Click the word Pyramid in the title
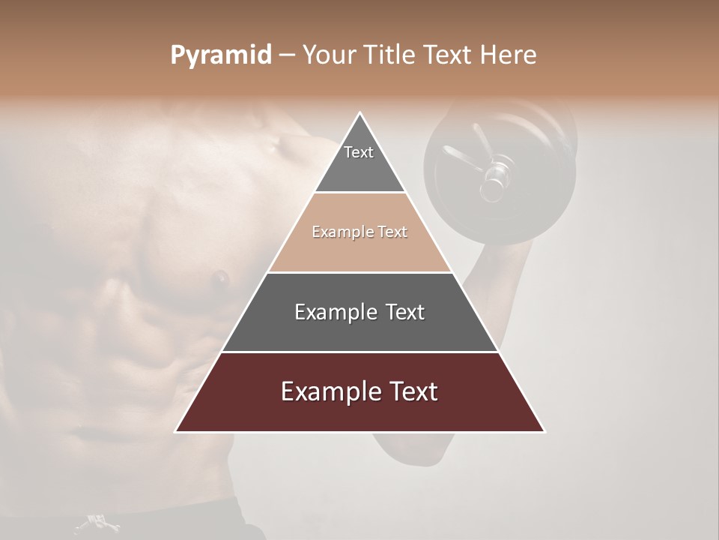click(x=220, y=55)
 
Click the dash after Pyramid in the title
click(x=286, y=55)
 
